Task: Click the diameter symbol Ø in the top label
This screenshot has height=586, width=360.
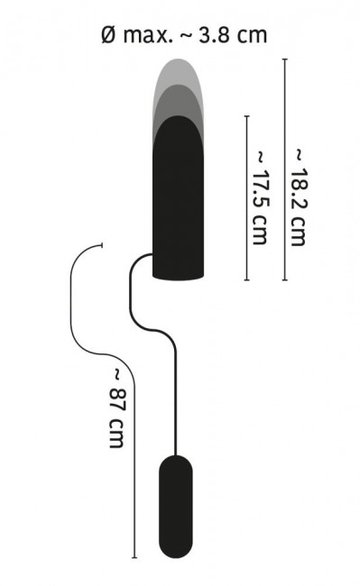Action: pos(108,35)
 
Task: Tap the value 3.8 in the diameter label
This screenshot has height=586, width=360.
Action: pos(214,35)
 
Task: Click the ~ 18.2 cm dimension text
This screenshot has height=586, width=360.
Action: pos(300,197)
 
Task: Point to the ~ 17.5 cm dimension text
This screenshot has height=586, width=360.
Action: pos(261,197)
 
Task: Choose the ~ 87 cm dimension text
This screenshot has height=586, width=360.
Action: pos(117,408)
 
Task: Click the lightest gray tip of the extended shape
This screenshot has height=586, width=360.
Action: pos(178,71)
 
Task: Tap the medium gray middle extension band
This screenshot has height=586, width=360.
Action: pos(178,100)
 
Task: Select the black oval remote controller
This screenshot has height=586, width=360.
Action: pos(176,507)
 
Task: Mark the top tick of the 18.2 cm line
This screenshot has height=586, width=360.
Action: pos(285,59)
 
